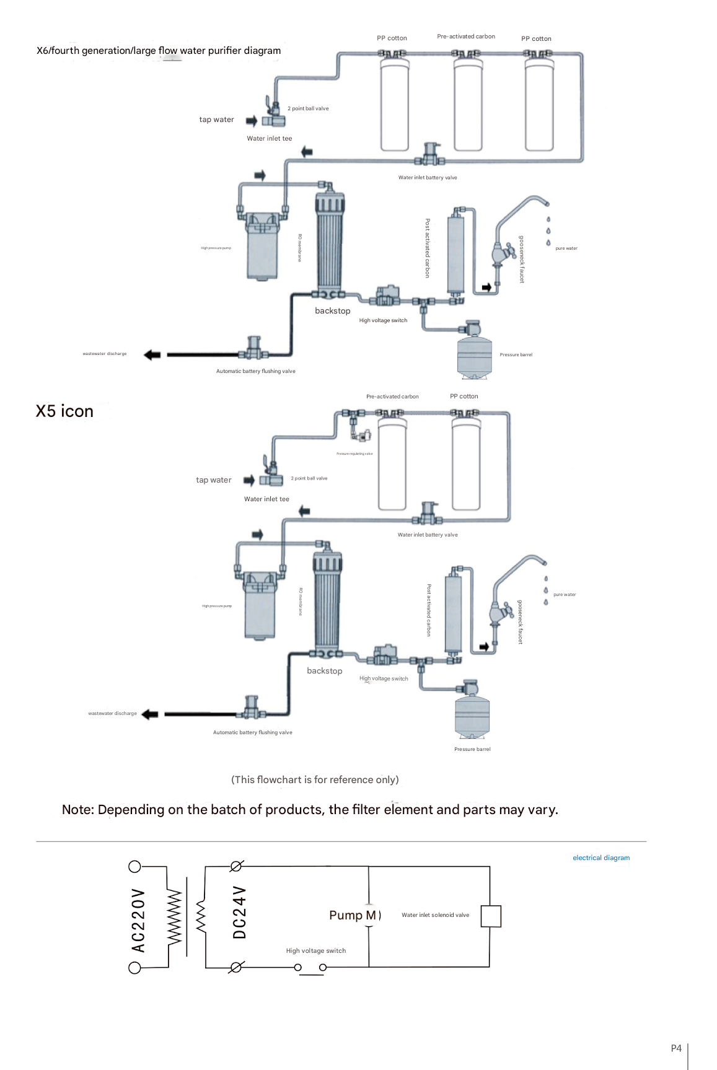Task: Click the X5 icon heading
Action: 64,411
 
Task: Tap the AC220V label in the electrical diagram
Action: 138,920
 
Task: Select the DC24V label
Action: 240,912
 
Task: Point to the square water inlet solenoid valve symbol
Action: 491,916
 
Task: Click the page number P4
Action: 676,1048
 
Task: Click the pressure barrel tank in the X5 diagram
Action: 472,716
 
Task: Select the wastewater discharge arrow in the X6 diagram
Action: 152,355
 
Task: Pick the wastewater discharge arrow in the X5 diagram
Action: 150,714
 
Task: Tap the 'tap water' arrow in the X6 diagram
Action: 251,120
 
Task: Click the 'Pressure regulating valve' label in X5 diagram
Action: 354,454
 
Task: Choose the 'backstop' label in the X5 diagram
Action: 325,671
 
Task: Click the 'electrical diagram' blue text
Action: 601,858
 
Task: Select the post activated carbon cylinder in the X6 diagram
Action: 455,254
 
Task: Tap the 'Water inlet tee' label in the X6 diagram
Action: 270,139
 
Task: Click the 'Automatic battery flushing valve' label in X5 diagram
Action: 253,732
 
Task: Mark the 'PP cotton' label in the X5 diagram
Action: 464,397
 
